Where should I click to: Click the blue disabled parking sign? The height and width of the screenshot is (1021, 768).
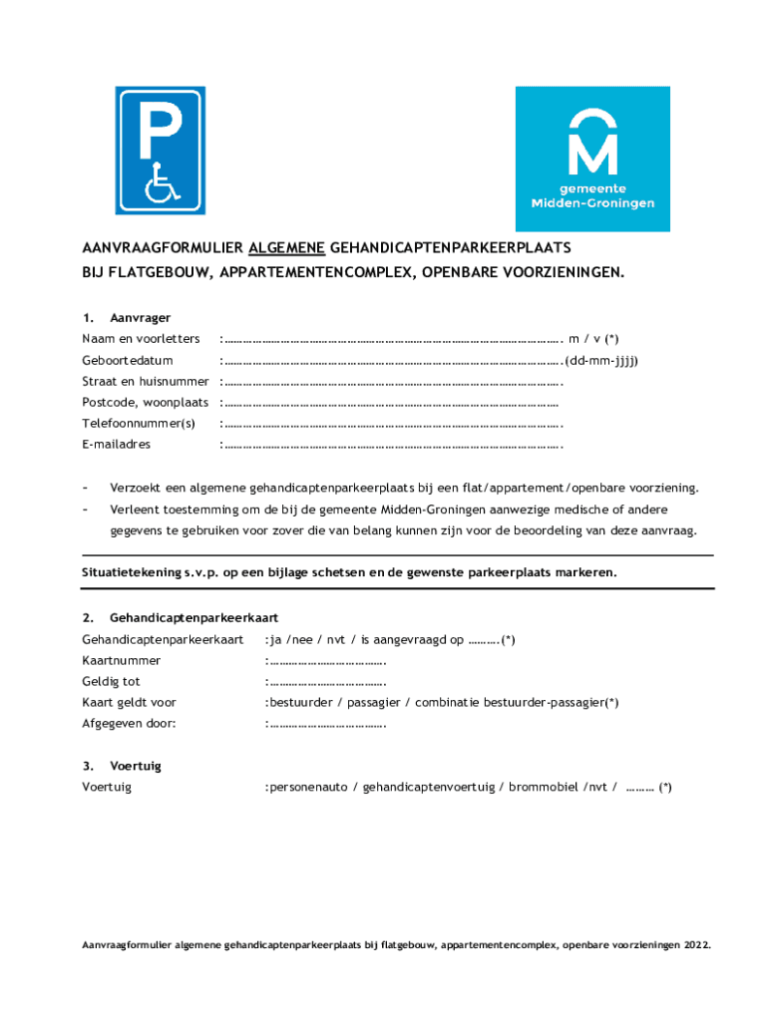tap(160, 151)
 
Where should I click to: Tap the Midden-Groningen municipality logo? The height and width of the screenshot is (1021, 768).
tap(592, 159)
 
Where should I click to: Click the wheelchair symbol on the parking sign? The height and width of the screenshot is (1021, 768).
tap(160, 182)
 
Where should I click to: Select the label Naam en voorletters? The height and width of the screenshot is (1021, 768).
tap(141, 339)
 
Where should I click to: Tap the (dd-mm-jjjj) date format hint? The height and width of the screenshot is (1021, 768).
tap(602, 360)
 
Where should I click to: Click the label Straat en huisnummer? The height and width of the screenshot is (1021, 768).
tap(146, 381)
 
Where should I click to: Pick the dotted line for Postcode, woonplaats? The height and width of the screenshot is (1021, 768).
tap(390, 403)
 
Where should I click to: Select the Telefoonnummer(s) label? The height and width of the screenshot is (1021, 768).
tap(139, 424)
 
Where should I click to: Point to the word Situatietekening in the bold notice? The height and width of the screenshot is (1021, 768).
tap(132, 573)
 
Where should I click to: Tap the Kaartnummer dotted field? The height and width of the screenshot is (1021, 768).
tap(327, 661)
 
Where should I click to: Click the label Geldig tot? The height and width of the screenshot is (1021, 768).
tap(111, 682)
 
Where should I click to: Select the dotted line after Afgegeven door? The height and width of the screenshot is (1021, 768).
tap(327, 724)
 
